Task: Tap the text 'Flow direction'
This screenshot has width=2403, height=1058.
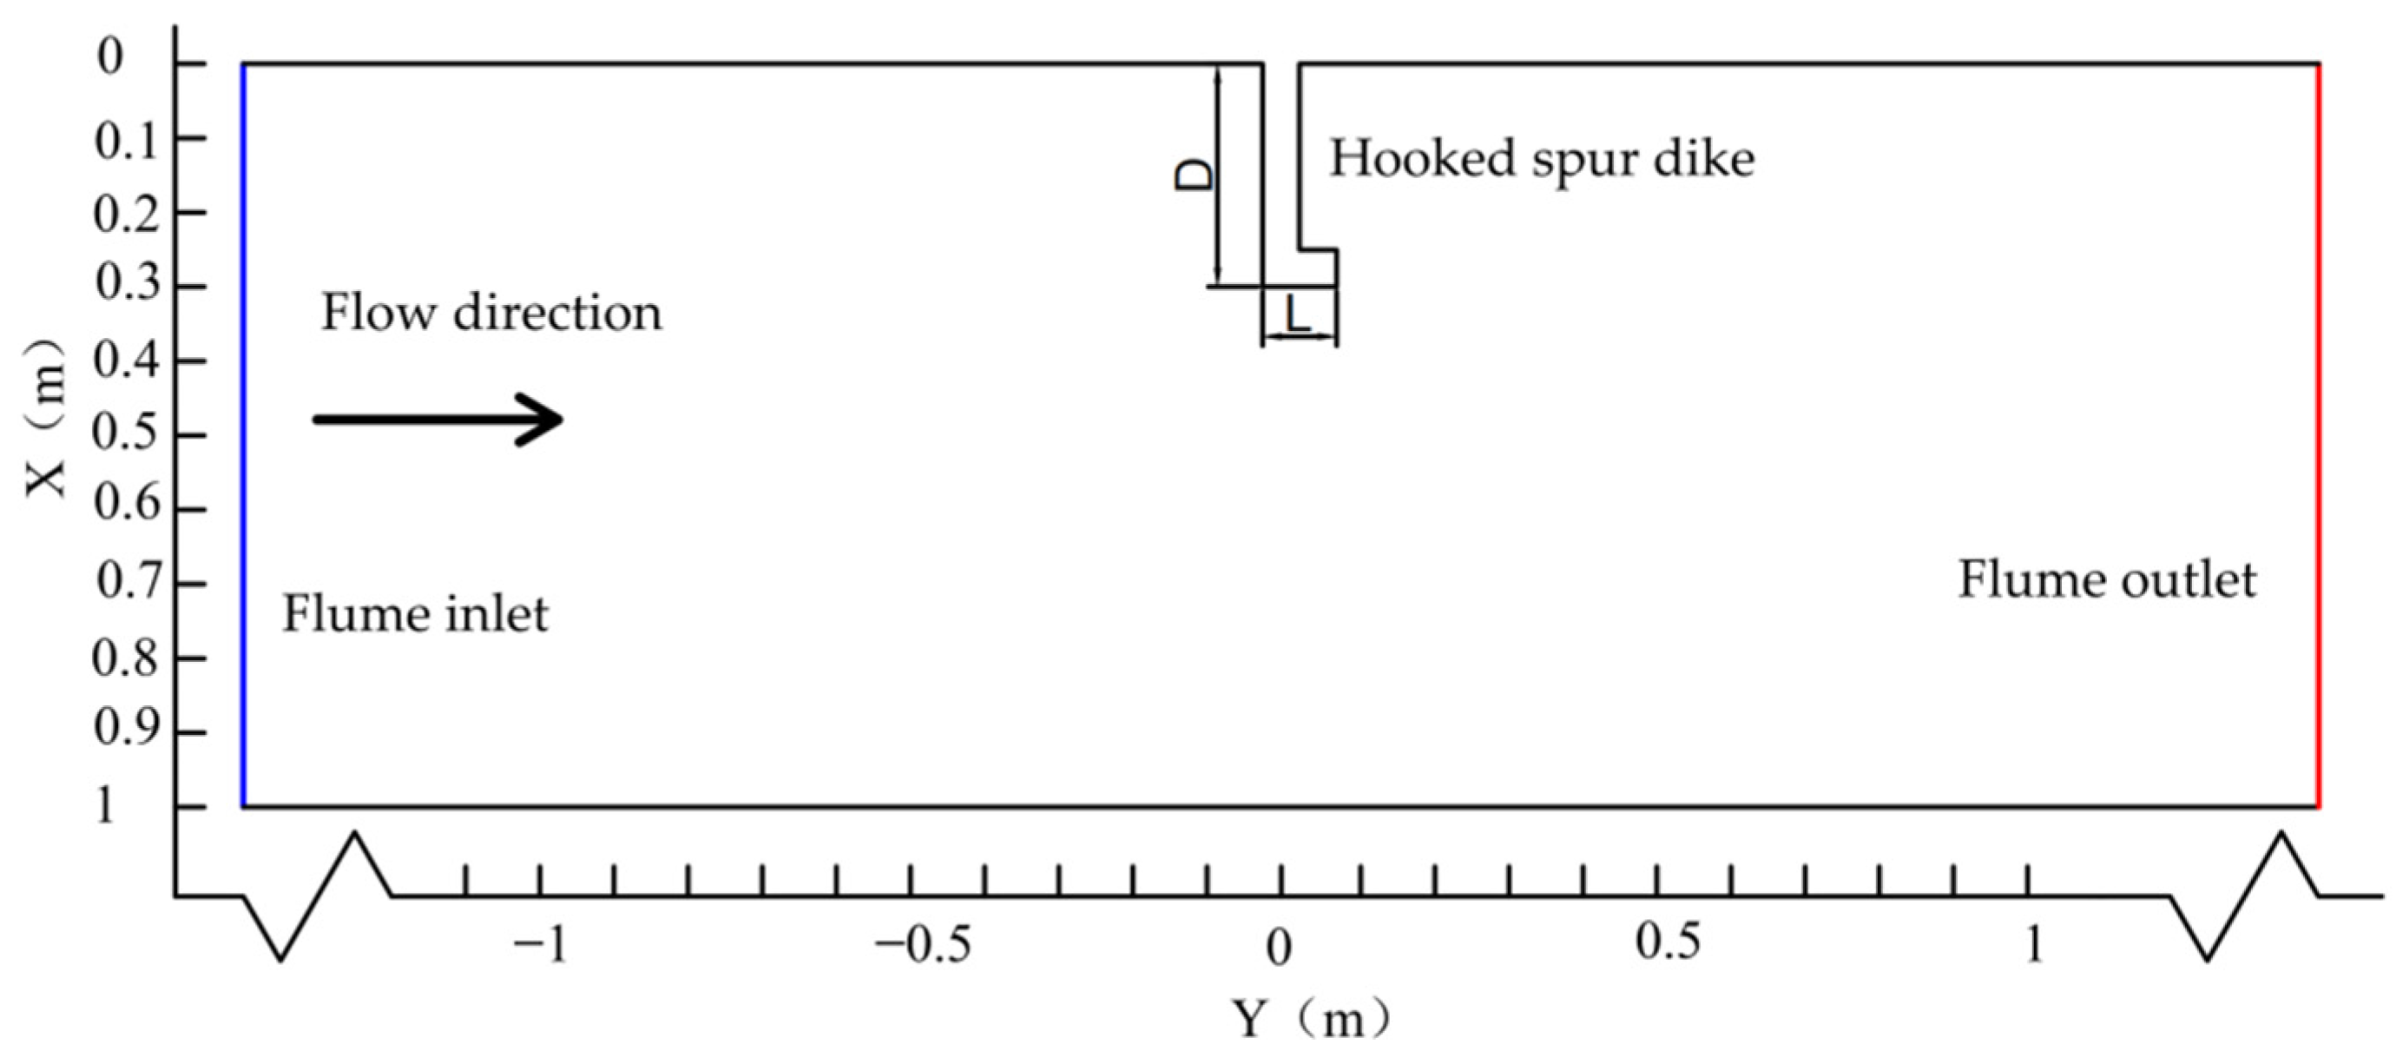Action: (x=490, y=314)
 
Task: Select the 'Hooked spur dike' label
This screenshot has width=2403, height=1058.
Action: (x=1541, y=159)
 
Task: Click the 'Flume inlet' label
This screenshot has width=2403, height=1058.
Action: (x=415, y=614)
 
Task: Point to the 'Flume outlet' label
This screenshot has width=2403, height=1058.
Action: (x=2106, y=580)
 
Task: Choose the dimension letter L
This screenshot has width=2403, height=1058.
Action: (x=1298, y=315)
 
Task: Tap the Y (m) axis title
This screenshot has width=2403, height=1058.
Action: (x=1311, y=1020)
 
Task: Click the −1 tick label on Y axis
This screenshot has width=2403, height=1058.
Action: (x=541, y=946)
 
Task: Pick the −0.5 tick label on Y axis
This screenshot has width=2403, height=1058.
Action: (x=922, y=946)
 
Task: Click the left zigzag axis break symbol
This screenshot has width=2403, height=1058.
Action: (x=317, y=895)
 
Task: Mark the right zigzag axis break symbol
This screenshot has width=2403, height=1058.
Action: (x=2243, y=895)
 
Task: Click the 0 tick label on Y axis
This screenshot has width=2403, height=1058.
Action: (x=1279, y=948)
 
